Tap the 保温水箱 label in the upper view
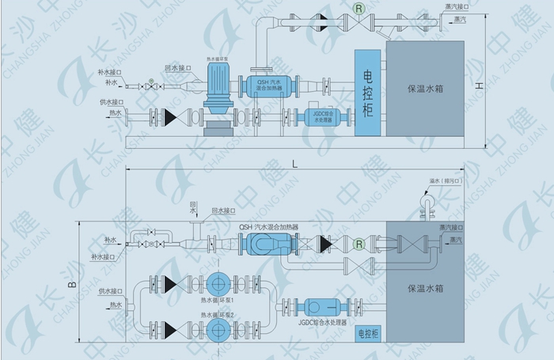point(426,89)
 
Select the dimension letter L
point(294,164)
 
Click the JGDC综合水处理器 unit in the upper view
point(324,119)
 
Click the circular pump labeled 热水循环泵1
point(216,286)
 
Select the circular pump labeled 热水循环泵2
point(216,325)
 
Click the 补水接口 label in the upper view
point(112,71)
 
